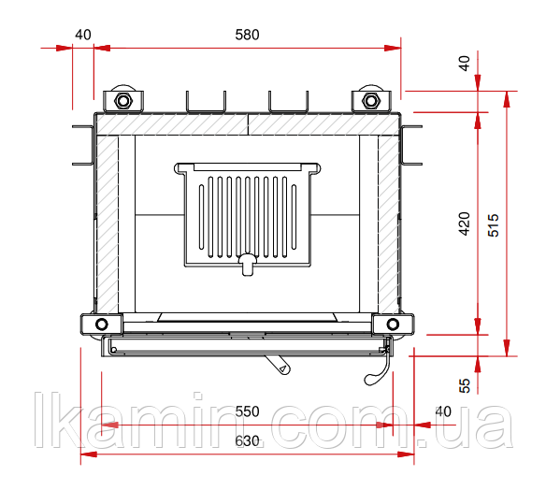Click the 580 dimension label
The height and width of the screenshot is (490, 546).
(247, 35)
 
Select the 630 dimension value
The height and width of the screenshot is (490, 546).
(247, 441)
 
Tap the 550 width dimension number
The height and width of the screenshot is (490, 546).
(247, 411)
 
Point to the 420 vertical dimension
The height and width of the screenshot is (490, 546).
(464, 223)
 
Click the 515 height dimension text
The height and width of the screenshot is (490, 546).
(494, 225)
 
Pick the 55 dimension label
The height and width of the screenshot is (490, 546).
(465, 385)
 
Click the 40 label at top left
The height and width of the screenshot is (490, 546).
(83, 35)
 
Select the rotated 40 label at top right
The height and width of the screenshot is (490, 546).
(465, 64)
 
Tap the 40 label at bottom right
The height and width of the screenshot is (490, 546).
(443, 411)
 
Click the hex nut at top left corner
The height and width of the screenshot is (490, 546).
(122, 101)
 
